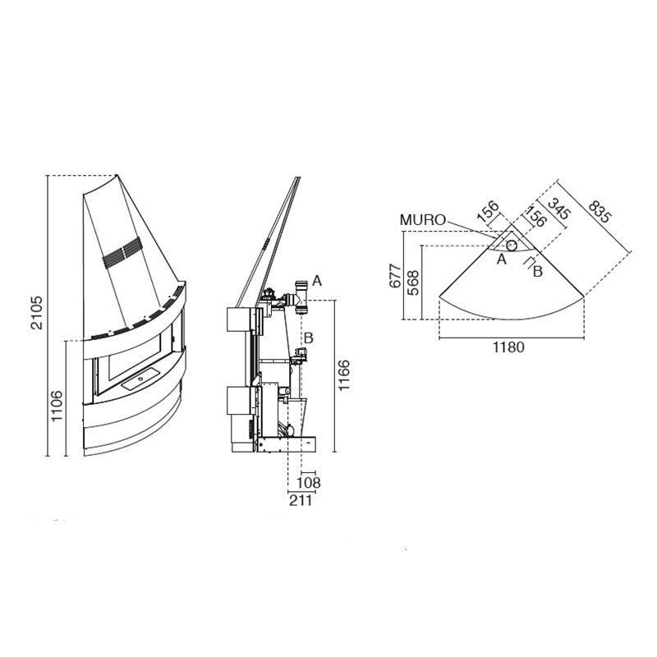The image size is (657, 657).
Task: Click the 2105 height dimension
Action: tap(37, 313)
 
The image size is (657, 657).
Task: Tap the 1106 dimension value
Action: tap(56, 406)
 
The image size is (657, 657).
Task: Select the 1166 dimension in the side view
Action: tap(343, 375)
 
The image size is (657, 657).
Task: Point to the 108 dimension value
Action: tap(309, 483)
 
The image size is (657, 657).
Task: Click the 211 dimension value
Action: tap(301, 500)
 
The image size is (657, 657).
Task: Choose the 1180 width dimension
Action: tap(508, 347)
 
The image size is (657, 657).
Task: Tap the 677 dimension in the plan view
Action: tap(396, 276)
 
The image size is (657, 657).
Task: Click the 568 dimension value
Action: tap(413, 283)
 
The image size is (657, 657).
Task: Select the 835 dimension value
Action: tap(600, 211)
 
